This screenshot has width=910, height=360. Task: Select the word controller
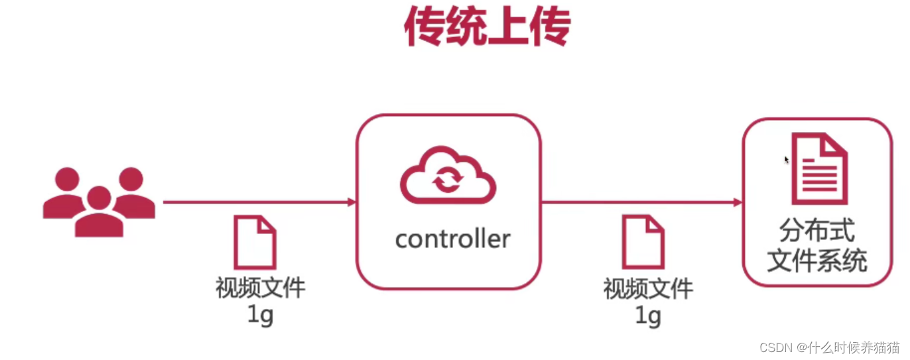point(452,239)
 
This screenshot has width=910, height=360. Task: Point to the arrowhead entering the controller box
point(351,202)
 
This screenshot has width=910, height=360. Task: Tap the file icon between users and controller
point(255,242)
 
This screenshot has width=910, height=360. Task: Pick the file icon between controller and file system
point(643,242)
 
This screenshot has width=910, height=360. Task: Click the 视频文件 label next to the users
point(260,288)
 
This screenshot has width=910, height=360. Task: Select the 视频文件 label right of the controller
point(648,288)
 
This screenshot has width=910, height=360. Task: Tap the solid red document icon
point(819,168)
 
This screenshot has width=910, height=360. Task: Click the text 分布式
point(817,231)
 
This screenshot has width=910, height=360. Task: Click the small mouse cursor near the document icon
point(787,160)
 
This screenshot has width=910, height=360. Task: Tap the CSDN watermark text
point(830,347)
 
